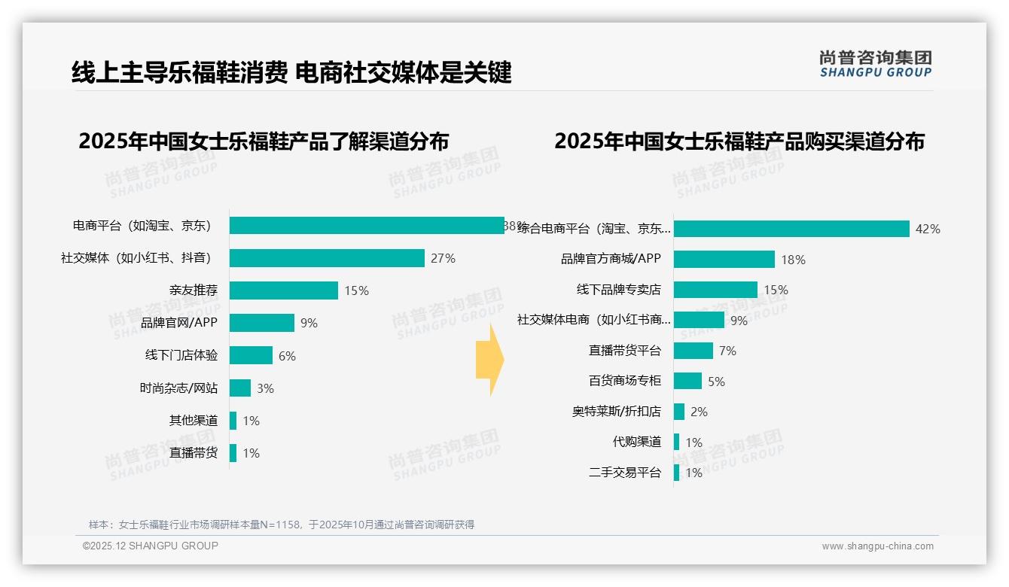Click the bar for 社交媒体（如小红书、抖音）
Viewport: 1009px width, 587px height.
327,258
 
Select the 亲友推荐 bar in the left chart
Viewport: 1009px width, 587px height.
284,290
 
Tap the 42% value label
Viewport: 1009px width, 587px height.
927,230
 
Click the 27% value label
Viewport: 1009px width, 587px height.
443,258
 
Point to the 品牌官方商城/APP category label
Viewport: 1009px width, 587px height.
611,259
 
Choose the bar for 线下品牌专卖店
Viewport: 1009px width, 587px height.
715,290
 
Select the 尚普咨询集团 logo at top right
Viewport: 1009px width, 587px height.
875,63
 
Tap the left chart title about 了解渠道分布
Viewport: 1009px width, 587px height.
264,141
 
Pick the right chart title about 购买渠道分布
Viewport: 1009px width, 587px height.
739,141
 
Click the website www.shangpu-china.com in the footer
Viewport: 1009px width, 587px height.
877,546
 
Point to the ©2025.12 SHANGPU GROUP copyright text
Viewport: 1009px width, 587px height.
151,546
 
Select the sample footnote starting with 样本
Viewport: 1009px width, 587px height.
282,525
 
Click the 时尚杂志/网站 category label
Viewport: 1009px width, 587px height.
178,388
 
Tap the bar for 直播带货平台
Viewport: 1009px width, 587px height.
693,351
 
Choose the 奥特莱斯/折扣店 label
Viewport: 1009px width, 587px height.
616,412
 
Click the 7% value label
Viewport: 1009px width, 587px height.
727,351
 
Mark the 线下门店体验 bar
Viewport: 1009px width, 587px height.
251,355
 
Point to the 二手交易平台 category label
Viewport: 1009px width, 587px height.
624,473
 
